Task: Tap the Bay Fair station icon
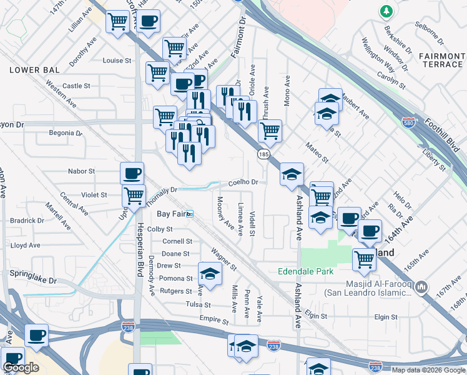(190, 214)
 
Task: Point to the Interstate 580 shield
(408, 123)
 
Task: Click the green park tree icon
(386, 11)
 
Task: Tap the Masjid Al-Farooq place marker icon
(421, 287)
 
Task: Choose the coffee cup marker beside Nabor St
(132, 173)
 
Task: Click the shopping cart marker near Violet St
(134, 196)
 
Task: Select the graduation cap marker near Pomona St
(210, 274)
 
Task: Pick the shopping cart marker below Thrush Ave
(270, 131)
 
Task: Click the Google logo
(21, 367)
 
